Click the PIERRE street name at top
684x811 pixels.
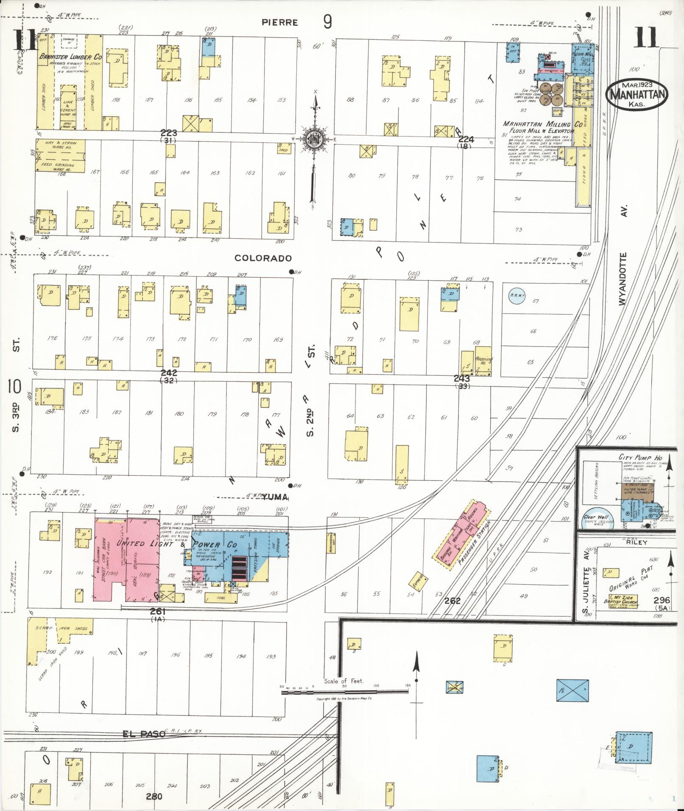pyautogui.click(x=279, y=22)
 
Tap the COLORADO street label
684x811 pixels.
pyautogui.click(x=263, y=258)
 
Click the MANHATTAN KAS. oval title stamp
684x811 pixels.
pyautogui.click(x=637, y=95)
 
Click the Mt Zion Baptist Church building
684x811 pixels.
pyautogui.click(x=623, y=601)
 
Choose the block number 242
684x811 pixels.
pyautogui.click(x=168, y=373)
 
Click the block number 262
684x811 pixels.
pyautogui.click(x=452, y=601)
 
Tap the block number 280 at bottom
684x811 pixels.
pyautogui.click(x=154, y=796)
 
